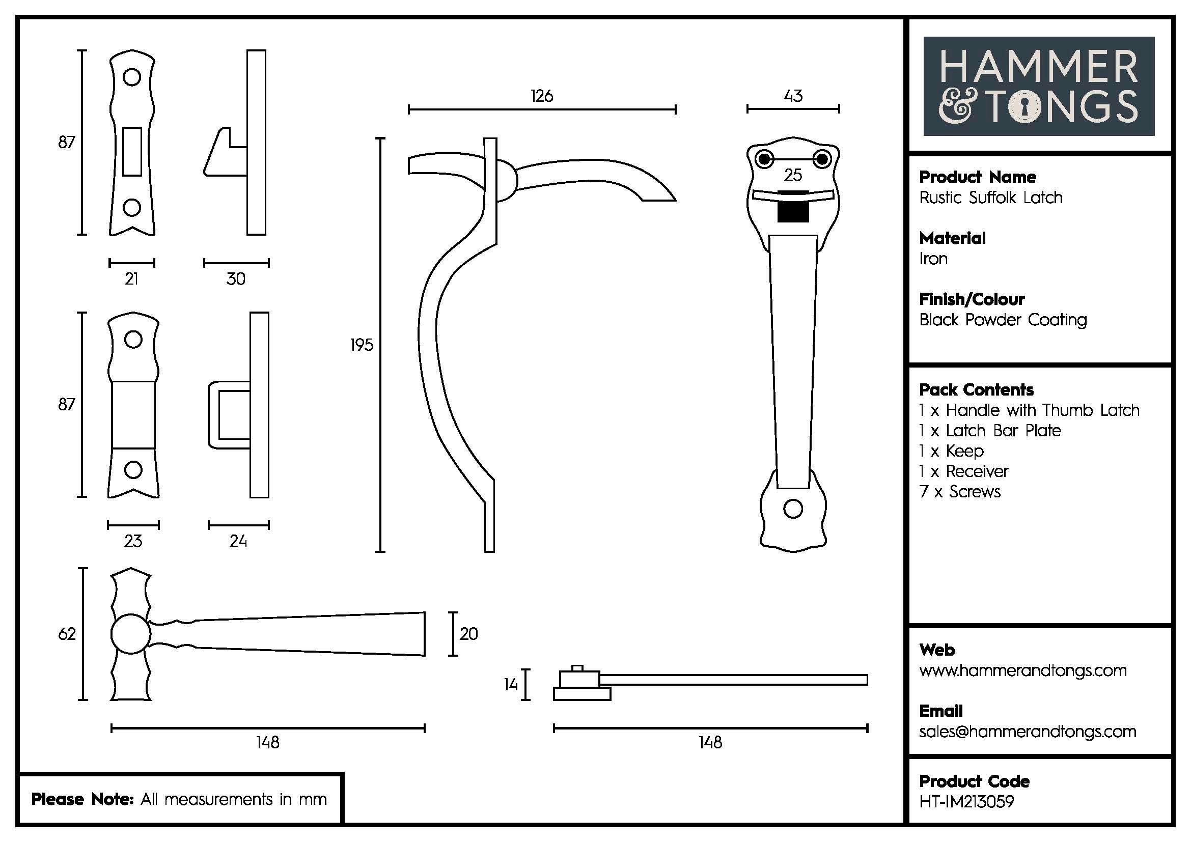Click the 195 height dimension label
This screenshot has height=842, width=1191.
pyautogui.click(x=362, y=345)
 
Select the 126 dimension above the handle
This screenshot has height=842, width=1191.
pyautogui.click(x=542, y=96)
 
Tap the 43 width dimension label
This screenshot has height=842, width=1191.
pyautogui.click(x=793, y=96)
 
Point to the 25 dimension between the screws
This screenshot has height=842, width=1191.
pyautogui.click(x=793, y=175)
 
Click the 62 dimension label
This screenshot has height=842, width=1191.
pyautogui.click(x=67, y=634)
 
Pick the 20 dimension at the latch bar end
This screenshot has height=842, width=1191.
pyautogui.click(x=468, y=634)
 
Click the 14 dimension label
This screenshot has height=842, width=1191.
pyautogui.click(x=511, y=685)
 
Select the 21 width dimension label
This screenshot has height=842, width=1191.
pyautogui.click(x=132, y=279)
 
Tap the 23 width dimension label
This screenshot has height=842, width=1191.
pyautogui.click(x=133, y=541)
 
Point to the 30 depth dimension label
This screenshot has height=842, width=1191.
pyautogui.click(x=236, y=279)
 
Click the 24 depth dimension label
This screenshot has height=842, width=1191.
pyautogui.click(x=238, y=541)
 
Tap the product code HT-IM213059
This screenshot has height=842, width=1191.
pyautogui.click(x=966, y=802)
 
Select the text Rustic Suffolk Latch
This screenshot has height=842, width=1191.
pyautogui.click(x=990, y=198)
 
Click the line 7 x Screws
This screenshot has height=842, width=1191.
pyautogui.click(x=960, y=492)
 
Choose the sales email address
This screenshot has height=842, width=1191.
pyautogui.click(x=1027, y=732)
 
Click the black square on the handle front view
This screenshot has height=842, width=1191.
pyautogui.click(x=793, y=208)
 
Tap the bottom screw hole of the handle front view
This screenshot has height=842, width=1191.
pyautogui.click(x=793, y=509)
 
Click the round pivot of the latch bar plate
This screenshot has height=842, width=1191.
pyautogui.click(x=130, y=634)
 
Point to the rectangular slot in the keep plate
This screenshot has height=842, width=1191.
pyautogui.click(x=132, y=151)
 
